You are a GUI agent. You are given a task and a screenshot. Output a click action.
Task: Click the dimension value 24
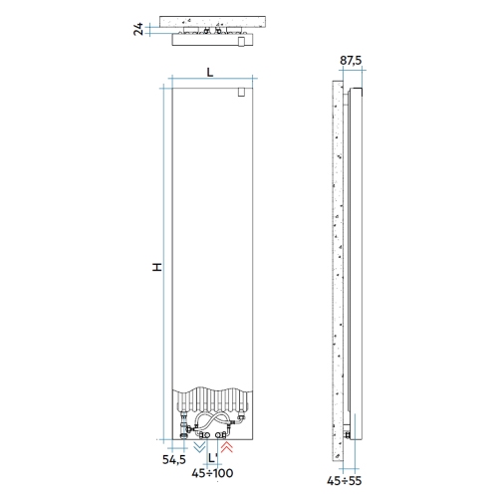pyautogui.click(x=137, y=30)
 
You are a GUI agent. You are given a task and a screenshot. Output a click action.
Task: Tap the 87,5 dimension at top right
pyautogui.click(x=350, y=61)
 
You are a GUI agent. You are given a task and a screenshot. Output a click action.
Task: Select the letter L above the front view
pyautogui.click(x=209, y=72)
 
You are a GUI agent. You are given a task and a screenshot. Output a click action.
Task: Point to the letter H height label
pyautogui.click(x=156, y=267)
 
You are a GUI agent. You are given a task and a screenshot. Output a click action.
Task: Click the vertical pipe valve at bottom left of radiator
pyautogui.click(x=185, y=429)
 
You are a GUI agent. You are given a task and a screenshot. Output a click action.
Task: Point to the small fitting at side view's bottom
pyautogui.click(x=347, y=432)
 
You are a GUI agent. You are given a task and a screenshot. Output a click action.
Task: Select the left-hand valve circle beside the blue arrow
pyautogui.click(x=203, y=435)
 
